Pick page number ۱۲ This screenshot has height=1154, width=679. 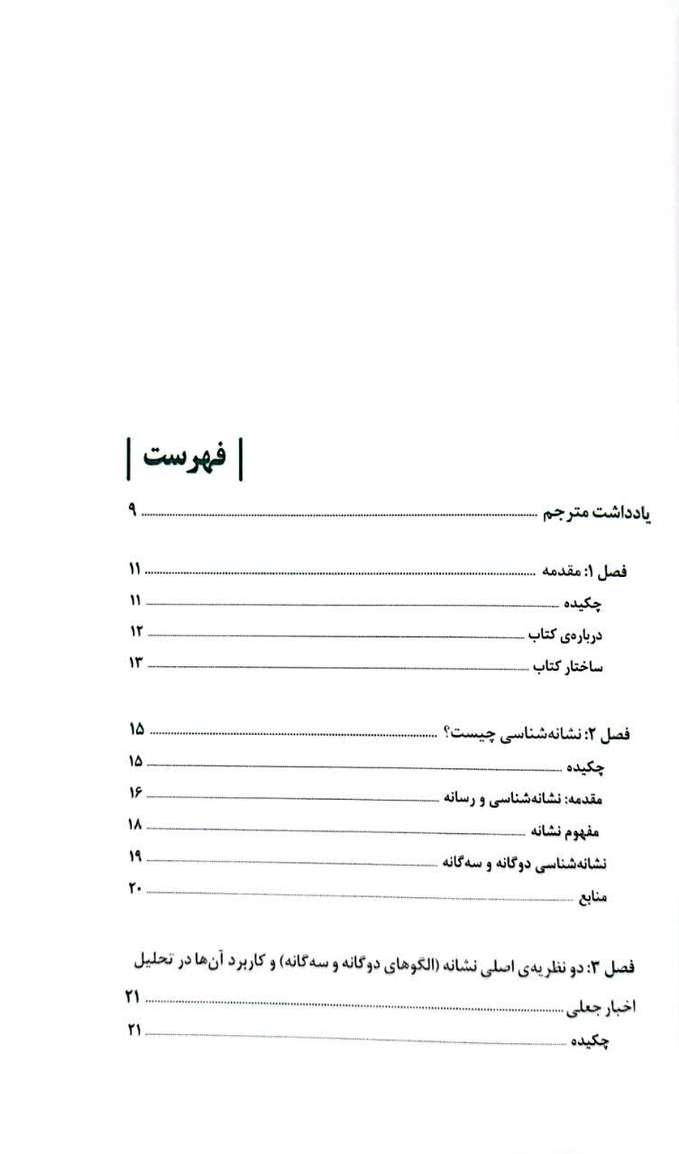point(136,631)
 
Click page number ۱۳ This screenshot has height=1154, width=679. point(136,663)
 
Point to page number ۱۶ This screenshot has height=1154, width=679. point(136,793)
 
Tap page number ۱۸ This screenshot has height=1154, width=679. point(136,825)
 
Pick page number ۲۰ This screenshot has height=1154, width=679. point(135,890)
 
